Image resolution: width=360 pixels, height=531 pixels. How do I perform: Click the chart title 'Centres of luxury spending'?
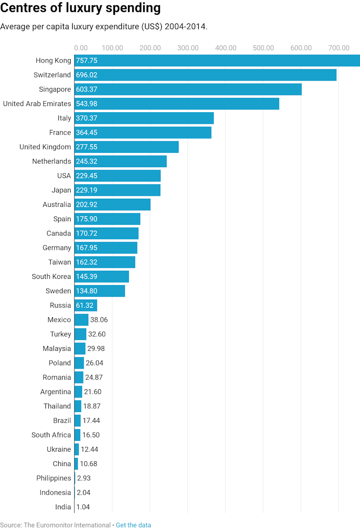(x=80, y=8)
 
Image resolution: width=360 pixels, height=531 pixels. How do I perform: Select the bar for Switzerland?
(x=205, y=75)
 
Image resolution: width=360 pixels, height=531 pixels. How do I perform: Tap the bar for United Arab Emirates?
(x=177, y=104)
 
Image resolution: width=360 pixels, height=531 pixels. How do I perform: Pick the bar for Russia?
(x=85, y=305)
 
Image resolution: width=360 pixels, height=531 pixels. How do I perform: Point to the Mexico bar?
(x=81, y=319)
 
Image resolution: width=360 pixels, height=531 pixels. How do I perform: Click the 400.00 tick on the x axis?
(x=225, y=48)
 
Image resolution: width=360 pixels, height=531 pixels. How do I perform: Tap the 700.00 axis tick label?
(x=339, y=48)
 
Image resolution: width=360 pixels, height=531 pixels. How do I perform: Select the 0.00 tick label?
(x=81, y=48)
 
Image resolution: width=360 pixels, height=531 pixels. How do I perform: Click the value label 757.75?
(x=86, y=61)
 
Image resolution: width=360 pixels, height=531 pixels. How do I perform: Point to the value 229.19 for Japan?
(x=86, y=190)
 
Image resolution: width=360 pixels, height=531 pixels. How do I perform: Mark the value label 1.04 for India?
(x=83, y=507)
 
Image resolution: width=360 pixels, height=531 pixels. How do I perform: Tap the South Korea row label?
(x=51, y=276)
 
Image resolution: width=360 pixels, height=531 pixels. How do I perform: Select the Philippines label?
(x=53, y=478)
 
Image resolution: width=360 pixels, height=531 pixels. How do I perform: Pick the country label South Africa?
(x=51, y=435)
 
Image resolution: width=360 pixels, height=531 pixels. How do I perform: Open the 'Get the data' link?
(x=133, y=525)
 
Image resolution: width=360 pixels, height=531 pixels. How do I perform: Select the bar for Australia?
(x=112, y=204)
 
